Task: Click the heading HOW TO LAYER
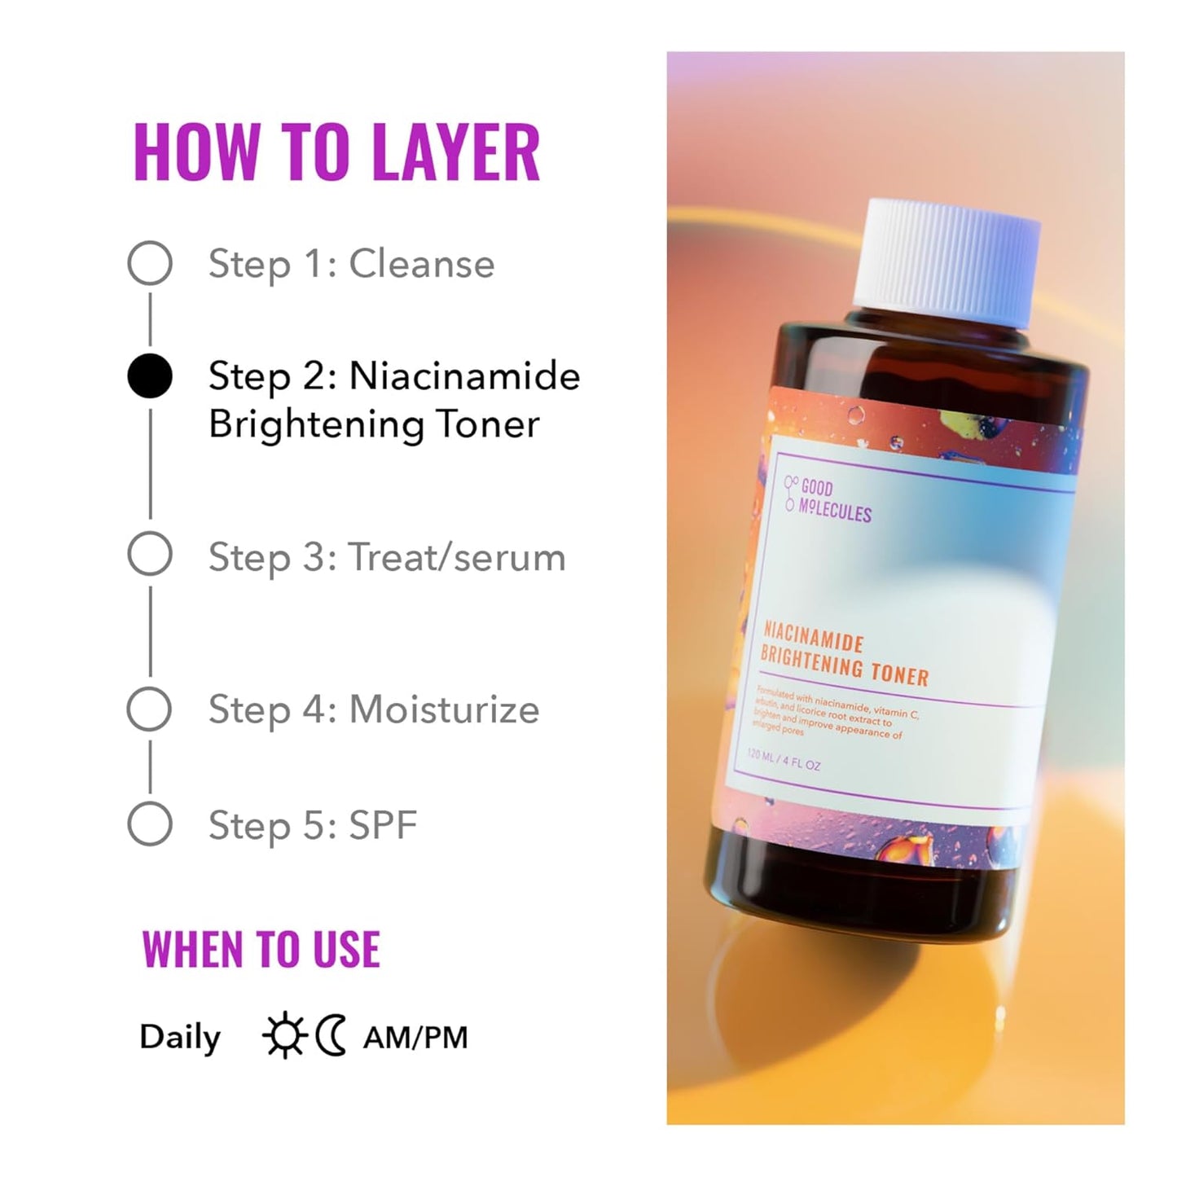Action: [x=336, y=152]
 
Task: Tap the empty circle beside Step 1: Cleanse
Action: [x=150, y=263]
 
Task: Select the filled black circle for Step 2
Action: [x=150, y=376]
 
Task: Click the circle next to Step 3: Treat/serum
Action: [x=150, y=555]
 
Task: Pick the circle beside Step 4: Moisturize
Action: [x=150, y=709]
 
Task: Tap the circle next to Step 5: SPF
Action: [x=150, y=823]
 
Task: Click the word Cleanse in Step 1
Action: [x=421, y=264]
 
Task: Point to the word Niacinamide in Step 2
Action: [x=464, y=376]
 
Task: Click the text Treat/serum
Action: [x=457, y=558]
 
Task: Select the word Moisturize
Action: [x=444, y=709]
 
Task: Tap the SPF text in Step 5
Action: [x=383, y=825]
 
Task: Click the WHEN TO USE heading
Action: [x=261, y=950]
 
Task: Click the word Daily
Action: [x=180, y=1038]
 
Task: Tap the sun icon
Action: [x=284, y=1036]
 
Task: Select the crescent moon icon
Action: [x=332, y=1036]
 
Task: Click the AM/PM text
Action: [x=415, y=1038]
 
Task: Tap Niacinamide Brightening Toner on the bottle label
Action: [x=844, y=654]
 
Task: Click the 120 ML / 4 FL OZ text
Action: [x=784, y=760]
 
